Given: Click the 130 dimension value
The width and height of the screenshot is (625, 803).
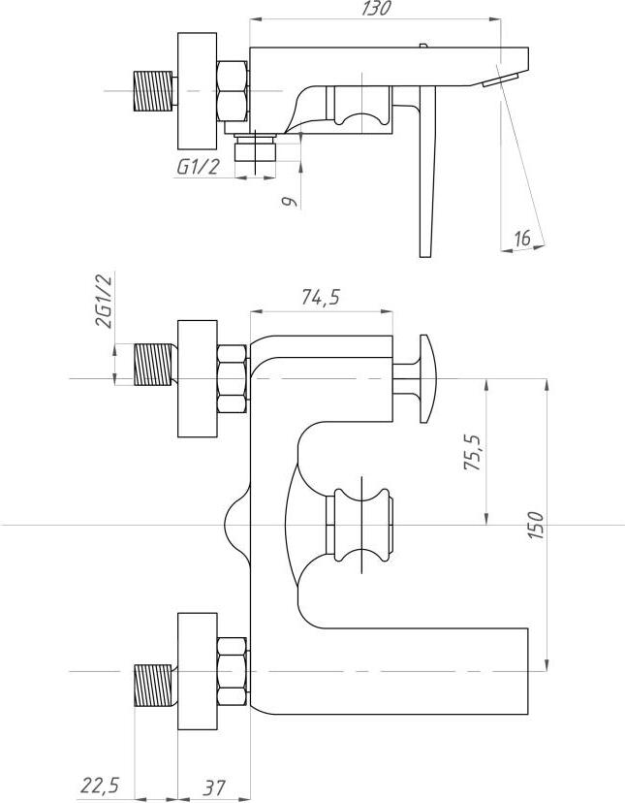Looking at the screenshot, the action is click(376, 8).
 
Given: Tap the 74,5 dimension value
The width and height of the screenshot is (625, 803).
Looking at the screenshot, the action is click(321, 298).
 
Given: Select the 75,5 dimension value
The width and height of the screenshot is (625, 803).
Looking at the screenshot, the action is click(472, 453).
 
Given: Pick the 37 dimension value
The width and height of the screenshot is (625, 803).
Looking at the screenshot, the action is click(213, 787).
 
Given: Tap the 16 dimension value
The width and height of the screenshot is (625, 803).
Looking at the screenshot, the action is click(522, 238).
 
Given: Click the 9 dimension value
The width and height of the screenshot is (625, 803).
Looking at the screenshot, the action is click(291, 202).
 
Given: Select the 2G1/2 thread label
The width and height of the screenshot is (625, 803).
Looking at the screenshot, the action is click(103, 301).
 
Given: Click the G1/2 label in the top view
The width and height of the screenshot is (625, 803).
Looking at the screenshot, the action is click(197, 167).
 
